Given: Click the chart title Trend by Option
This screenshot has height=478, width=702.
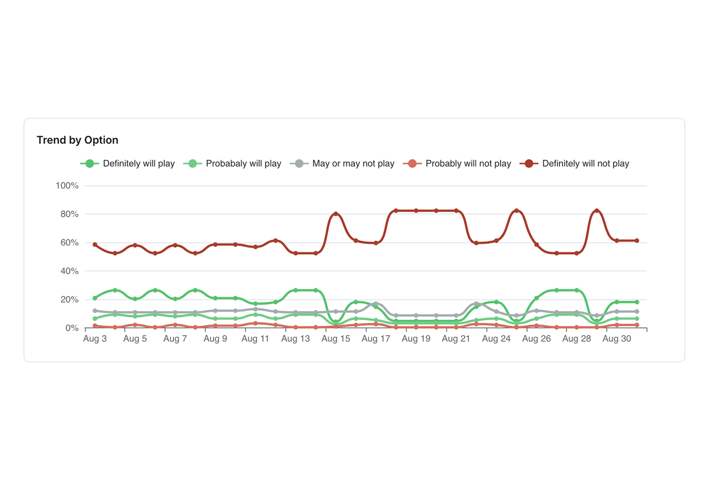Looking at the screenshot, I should [77, 140].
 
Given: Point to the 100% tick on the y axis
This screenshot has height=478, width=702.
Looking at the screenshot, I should [67, 185].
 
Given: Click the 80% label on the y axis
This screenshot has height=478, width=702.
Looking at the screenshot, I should [69, 214].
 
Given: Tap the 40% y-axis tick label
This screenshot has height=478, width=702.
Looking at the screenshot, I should [69, 271].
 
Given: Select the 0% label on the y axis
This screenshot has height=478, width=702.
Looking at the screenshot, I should [72, 328].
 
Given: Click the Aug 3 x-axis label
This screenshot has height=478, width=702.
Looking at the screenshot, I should [95, 339].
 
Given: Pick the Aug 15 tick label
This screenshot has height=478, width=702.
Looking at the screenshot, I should [336, 339].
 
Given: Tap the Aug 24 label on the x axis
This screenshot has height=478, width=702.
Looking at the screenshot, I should [496, 339].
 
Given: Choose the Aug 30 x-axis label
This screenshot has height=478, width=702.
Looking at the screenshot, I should [617, 339].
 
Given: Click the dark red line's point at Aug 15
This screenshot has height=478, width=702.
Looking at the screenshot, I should [336, 214].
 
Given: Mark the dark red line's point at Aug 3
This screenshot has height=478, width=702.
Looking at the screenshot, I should [95, 245].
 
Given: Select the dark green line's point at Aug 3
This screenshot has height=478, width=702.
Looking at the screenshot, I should [95, 298].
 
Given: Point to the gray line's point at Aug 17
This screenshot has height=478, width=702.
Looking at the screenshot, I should [376, 304].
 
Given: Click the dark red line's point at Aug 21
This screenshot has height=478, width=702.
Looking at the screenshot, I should [456, 211].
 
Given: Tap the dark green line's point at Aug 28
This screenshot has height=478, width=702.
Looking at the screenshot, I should [577, 290].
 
